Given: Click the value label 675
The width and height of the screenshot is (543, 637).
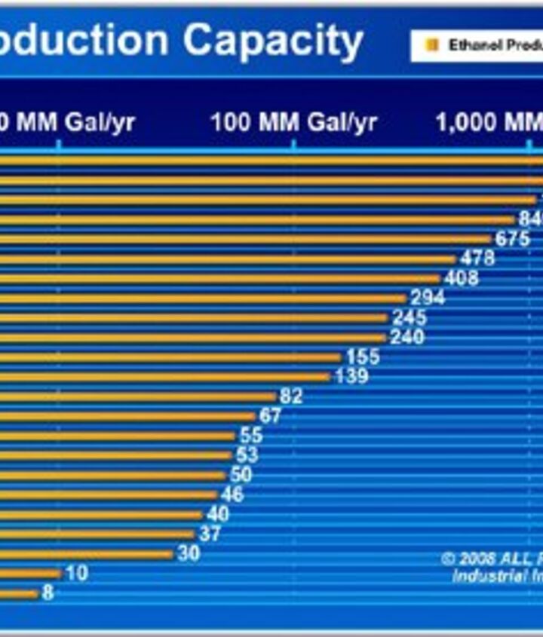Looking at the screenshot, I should coord(512,239).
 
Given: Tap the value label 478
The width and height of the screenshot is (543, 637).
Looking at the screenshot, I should coord(477,259).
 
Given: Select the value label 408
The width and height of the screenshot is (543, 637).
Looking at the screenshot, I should coord(461,278).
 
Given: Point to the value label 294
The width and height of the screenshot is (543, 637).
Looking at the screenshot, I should coord(428,298).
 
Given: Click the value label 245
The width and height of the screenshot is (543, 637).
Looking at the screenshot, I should coord(409,317).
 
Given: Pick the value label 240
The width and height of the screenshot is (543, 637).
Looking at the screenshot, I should coord(407,337).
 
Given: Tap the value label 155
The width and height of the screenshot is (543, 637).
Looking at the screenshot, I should coord(363,357).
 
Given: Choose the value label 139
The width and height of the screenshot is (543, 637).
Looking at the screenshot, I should coord(351,376).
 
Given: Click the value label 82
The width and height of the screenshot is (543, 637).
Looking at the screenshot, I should coord(291,397).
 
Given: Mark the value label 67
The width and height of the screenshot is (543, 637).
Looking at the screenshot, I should coord(270,415).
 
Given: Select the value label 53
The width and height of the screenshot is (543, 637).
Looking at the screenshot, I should coord(247,455).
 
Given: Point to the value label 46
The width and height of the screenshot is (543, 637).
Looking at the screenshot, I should coord(232,495).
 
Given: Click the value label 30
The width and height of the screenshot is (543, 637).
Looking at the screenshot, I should coord(189,553).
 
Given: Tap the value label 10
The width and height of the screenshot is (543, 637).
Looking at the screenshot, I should coord(76,573).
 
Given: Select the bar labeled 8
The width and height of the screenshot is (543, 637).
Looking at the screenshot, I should coord(18,593).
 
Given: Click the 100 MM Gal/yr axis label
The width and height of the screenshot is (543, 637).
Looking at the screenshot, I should coord(293,122).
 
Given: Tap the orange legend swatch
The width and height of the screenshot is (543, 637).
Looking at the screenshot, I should coord(432,45).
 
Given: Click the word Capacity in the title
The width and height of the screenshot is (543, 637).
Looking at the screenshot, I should coord(273,41).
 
